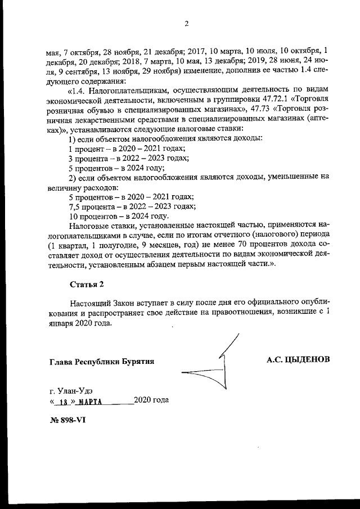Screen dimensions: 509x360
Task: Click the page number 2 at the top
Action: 186,23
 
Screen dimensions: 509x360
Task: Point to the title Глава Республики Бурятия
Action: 102,361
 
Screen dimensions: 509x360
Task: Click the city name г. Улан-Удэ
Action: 71,390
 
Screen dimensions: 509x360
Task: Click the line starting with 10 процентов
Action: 118,215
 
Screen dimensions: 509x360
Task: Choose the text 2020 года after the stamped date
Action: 151,400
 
